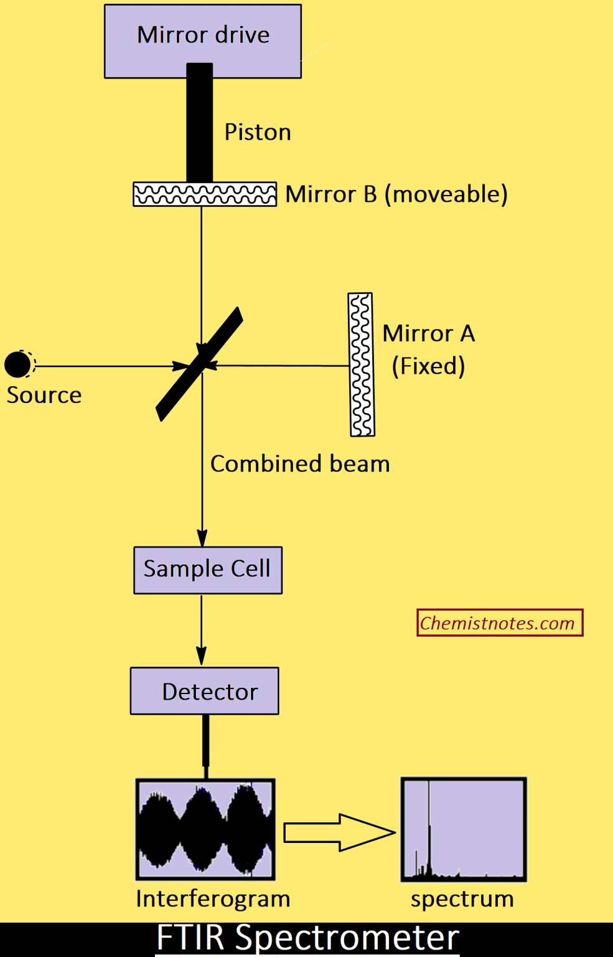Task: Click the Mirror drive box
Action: (x=203, y=41)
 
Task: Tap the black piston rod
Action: (x=200, y=125)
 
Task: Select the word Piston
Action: (x=258, y=132)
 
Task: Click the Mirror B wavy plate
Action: (x=205, y=194)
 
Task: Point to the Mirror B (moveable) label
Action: (x=396, y=194)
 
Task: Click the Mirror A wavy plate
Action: (x=361, y=365)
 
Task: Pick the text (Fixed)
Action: (x=428, y=366)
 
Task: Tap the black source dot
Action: (x=18, y=364)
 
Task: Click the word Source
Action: (x=44, y=395)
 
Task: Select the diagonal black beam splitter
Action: (x=199, y=364)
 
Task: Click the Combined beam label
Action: (x=300, y=464)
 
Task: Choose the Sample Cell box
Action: (x=208, y=569)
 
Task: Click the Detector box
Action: (x=205, y=691)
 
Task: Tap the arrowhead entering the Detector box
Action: (x=202, y=656)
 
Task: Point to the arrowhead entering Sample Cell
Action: (x=202, y=538)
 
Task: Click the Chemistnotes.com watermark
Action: (x=499, y=622)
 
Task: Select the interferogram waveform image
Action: (x=205, y=829)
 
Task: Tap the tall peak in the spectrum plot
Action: (x=429, y=822)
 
